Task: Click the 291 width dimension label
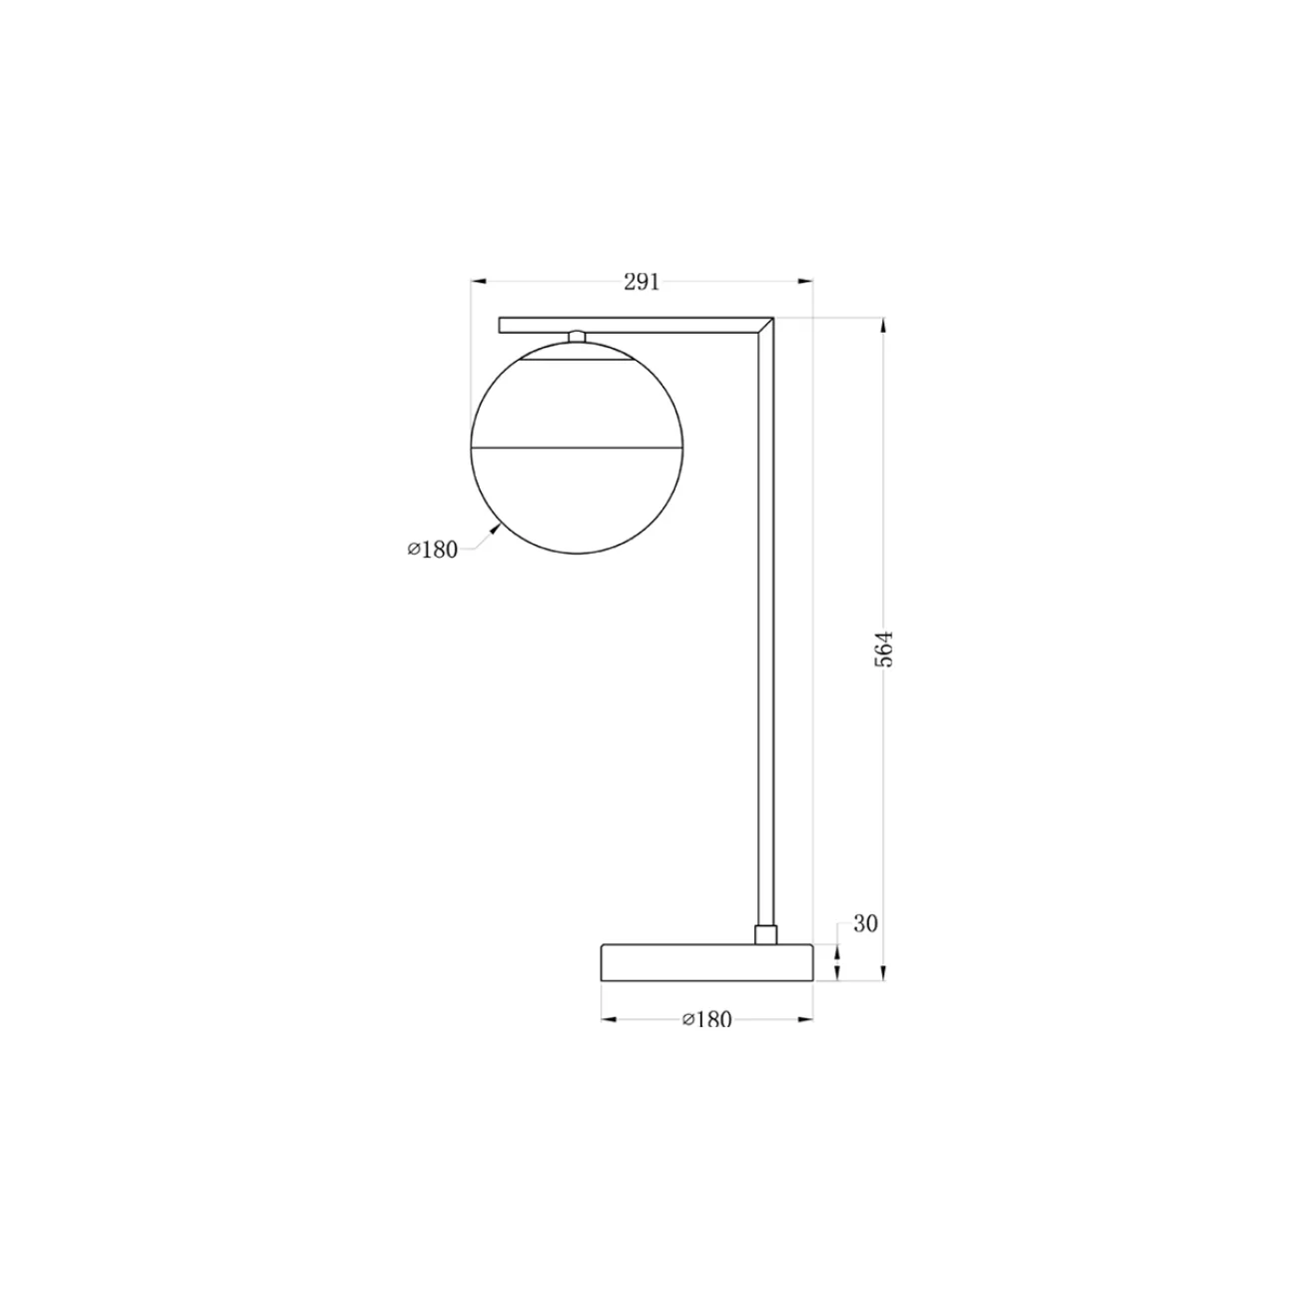point(642,282)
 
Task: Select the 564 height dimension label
point(883,649)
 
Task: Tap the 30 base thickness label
point(865,923)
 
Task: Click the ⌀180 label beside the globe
point(432,550)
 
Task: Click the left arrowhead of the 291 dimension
point(479,281)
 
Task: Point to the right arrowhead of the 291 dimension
point(805,281)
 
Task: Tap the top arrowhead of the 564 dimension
point(883,326)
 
